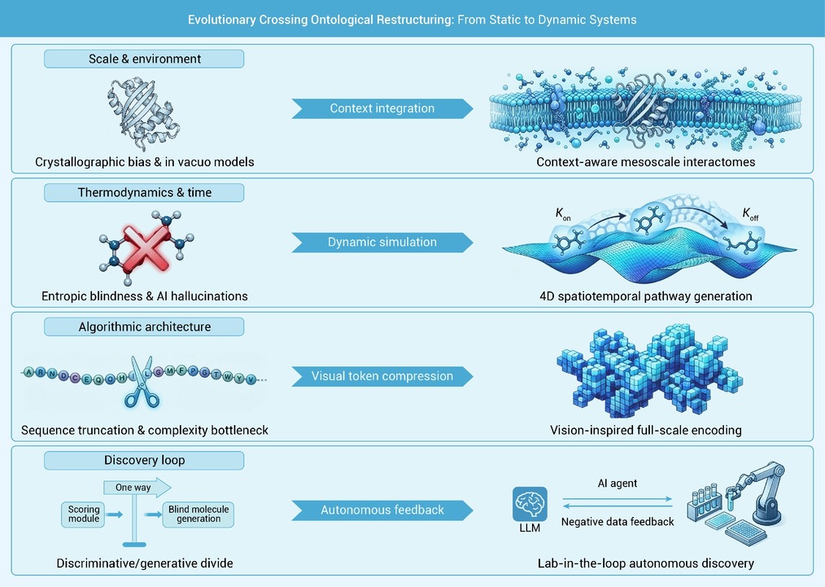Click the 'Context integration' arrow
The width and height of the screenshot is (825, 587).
pyautogui.click(x=382, y=108)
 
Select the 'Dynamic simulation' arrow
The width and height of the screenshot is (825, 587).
pyautogui.click(x=382, y=242)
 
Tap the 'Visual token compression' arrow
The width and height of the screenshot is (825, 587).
pyautogui.click(x=382, y=376)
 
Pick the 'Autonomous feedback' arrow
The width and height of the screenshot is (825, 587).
pyautogui.click(x=382, y=510)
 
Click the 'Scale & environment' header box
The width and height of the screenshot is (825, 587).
pyautogui.click(x=144, y=59)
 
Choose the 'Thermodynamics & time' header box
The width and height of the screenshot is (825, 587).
pyautogui.click(x=144, y=193)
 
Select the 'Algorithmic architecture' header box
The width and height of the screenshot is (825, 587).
pyautogui.click(x=144, y=327)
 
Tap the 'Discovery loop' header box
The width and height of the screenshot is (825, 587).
pyautogui.click(x=144, y=460)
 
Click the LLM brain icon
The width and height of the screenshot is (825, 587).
pyautogui.click(x=530, y=504)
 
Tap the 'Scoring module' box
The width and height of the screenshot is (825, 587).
pyautogui.click(x=84, y=514)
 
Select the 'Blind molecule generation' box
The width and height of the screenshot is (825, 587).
pyautogui.click(x=199, y=514)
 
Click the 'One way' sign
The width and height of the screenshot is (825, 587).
pyautogui.click(x=137, y=488)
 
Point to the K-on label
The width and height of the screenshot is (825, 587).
pyautogui.click(x=563, y=214)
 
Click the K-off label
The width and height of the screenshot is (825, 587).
pyautogui.click(x=750, y=214)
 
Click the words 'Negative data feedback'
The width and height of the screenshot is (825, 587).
pyautogui.click(x=618, y=522)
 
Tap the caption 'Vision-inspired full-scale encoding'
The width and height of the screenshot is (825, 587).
pyautogui.click(x=645, y=430)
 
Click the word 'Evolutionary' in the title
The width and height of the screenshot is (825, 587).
pyautogui.click(x=221, y=20)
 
